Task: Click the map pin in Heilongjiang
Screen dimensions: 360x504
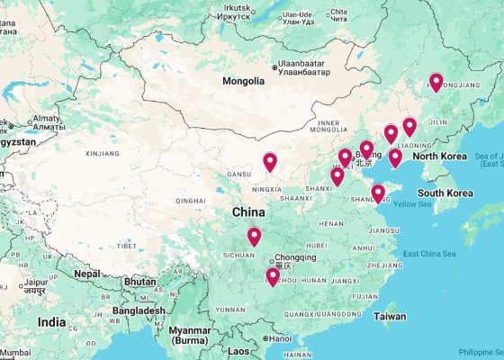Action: click(x=436, y=83)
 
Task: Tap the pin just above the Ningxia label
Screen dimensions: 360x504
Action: click(x=270, y=163)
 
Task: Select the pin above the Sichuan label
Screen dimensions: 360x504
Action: click(x=255, y=238)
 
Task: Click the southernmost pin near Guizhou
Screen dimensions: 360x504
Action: click(x=273, y=277)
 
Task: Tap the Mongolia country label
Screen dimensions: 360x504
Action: click(x=244, y=81)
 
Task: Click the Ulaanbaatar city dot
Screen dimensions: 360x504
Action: click(x=275, y=67)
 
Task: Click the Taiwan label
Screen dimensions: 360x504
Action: click(x=390, y=317)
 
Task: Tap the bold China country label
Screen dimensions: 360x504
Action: click(x=248, y=212)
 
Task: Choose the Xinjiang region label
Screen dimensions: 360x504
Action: click(x=102, y=154)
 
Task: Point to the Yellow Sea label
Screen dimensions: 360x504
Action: click(x=413, y=204)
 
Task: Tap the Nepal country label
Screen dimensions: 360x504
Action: click(x=86, y=274)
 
